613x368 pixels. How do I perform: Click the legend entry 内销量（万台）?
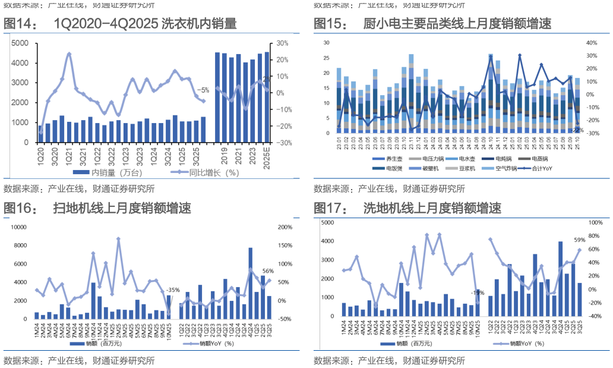(x=116, y=172)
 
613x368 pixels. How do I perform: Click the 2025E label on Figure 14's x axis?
(x=267, y=156)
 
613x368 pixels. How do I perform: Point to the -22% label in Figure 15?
(x=577, y=130)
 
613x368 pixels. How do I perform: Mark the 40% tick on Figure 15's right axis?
(x=591, y=43)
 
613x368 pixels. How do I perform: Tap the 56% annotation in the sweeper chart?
(x=268, y=272)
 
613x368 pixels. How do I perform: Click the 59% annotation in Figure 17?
(x=579, y=240)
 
